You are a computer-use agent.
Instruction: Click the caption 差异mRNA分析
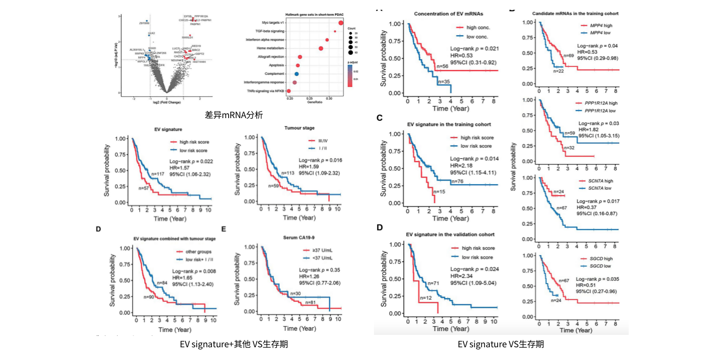pos(234,115)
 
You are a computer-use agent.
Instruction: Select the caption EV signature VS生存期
pos(500,344)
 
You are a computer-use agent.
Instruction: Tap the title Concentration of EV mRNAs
pos(448,13)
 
